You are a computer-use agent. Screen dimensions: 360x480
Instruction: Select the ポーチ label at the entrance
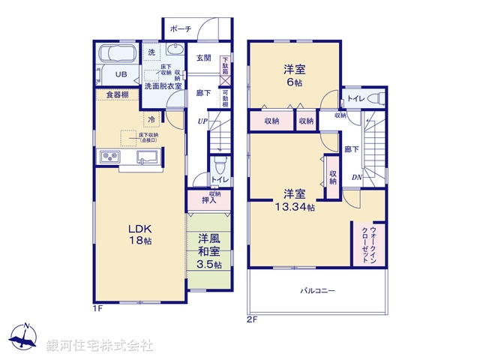point(180,28)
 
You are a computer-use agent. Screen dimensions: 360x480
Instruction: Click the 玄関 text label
point(204,58)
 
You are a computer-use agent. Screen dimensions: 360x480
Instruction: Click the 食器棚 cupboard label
point(116,94)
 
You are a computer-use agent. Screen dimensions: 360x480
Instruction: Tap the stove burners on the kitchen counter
point(109,156)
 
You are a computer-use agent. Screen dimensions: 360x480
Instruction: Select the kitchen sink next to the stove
point(145,156)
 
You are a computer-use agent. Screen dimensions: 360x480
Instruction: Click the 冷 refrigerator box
point(152,119)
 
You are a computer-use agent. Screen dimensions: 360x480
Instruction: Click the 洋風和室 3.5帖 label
point(209,251)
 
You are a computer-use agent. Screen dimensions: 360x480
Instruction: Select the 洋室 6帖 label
point(293,75)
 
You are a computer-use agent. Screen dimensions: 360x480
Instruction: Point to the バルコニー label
point(318,290)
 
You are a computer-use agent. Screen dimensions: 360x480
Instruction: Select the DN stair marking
point(358,177)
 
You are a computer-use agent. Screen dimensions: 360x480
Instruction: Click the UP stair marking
point(202,121)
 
